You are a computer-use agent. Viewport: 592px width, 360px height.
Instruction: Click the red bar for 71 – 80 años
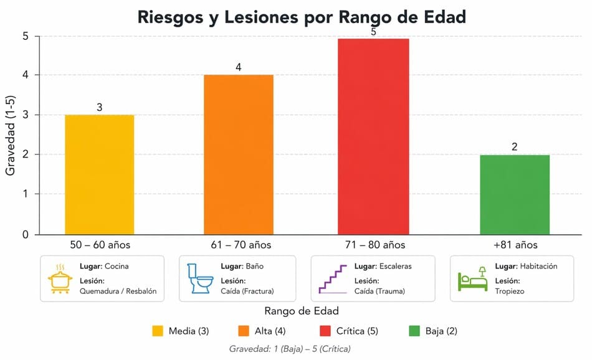373,136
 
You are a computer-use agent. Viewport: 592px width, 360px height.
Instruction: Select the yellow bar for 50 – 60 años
100,175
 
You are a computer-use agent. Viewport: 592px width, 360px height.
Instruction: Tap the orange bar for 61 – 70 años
239,154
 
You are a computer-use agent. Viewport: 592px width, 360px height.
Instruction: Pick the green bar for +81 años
515,195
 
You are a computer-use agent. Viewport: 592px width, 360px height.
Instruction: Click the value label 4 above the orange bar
238,67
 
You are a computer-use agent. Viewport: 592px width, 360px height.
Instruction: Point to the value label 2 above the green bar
515,147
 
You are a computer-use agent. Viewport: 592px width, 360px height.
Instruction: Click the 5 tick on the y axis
26,36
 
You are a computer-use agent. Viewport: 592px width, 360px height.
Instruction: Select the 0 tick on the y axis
26,235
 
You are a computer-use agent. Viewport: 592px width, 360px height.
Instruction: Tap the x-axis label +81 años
515,245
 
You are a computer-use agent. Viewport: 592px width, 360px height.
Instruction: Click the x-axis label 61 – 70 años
241,245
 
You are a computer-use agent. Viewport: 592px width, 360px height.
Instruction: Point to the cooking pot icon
60,279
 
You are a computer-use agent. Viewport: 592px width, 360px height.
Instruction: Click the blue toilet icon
200,278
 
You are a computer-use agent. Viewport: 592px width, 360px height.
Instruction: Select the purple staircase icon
333,279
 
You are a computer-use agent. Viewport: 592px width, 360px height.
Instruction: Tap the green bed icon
472,279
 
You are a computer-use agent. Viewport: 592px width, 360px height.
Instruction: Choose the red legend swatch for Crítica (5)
325,331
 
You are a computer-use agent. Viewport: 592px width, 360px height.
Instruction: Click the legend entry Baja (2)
433,331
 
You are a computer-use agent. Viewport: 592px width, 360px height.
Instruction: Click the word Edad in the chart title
445,17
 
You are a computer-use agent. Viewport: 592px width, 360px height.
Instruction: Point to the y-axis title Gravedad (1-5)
10,136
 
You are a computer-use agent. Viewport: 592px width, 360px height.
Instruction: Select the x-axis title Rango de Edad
301,311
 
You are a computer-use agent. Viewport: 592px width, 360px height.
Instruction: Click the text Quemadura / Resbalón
118,291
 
